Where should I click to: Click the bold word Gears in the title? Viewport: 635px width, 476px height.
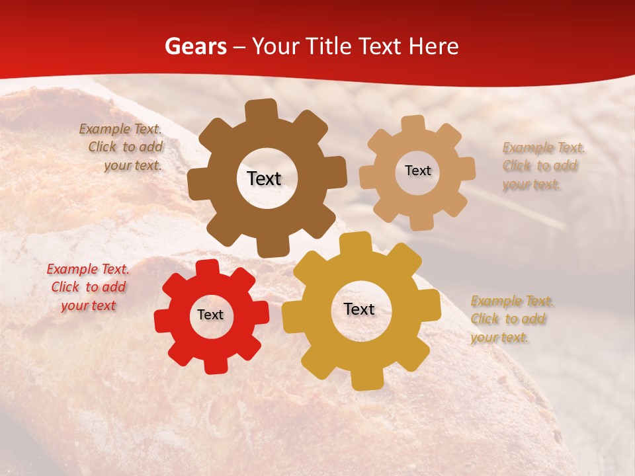point(195,46)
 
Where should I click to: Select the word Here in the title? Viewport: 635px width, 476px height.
point(434,46)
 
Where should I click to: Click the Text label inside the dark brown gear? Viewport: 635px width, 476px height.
point(264,178)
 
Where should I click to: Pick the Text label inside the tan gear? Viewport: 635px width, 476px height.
point(417,171)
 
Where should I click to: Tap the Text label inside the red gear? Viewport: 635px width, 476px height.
point(210,315)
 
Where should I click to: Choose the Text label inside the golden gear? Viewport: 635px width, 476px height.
point(359,309)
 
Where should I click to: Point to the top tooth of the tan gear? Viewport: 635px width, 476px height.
point(413,125)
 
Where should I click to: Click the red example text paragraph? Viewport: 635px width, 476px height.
point(88,288)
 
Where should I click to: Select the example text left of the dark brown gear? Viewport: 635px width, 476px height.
point(123,147)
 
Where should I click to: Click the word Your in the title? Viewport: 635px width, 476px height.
point(277,46)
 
